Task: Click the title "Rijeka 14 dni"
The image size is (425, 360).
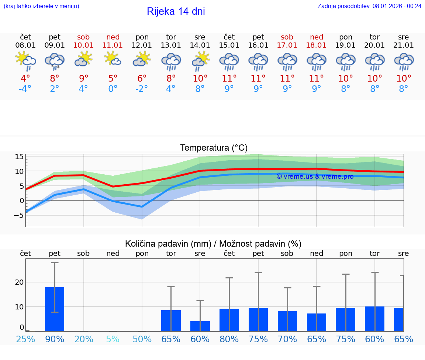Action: pos(176,11)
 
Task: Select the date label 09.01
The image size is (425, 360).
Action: pos(55,45)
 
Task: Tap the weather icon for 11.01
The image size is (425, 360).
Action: pos(113,59)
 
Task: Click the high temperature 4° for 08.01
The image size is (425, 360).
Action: pos(25,79)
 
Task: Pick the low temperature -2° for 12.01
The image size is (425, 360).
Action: pos(142,89)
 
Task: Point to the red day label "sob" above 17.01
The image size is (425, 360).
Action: pos(287,37)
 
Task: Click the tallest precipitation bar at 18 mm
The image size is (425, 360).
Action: pos(55,309)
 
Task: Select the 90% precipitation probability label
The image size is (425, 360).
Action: pos(55,339)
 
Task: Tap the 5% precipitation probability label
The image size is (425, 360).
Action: pos(113,339)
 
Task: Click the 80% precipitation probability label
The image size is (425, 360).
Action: pos(229,339)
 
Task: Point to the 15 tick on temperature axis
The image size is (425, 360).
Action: pos(19,157)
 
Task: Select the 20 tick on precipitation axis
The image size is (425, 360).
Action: pos(19,282)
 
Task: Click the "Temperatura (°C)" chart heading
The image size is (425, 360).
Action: pos(214,148)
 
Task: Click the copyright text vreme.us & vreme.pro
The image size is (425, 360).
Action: pos(315,176)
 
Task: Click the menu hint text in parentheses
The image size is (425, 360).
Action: pos(41,6)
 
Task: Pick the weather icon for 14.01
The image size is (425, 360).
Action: pos(200,61)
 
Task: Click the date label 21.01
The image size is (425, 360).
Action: pos(404,45)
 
